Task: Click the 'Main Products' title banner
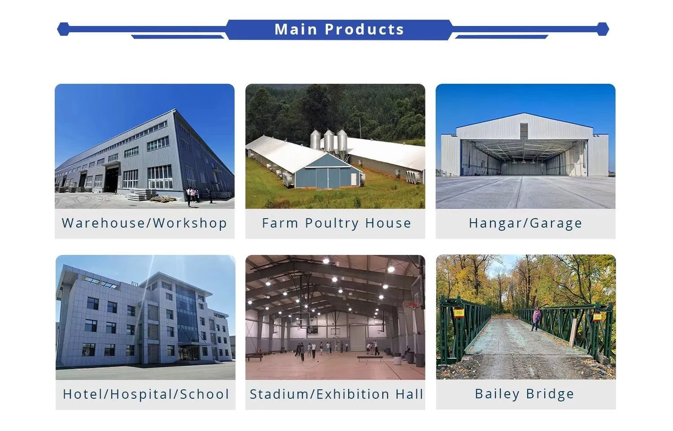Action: pyautogui.click(x=339, y=30)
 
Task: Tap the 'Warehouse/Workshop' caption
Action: pyautogui.click(x=144, y=223)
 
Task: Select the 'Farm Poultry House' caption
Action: pyautogui.click(x=336, y=223)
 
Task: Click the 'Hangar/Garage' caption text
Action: pyautogui.click(x=525, y=223)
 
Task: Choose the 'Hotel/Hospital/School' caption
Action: pyautogui.click(x=146, y=394)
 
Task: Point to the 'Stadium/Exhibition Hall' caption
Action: pyautogui.click(x=336, y=394)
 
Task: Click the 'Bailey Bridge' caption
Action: pyautogui.click(x=524, y=394)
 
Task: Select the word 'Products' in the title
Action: pyautogui.click(x=364, y=30)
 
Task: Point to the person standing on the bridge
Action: pyautogui.click(x=536, y=319)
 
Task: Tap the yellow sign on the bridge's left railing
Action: pyautogui.click(x=458, y=312)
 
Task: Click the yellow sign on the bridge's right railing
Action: pyautogui.click(x=597, y=316)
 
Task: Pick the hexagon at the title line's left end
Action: pyautogui.click(x=63, y=30)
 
